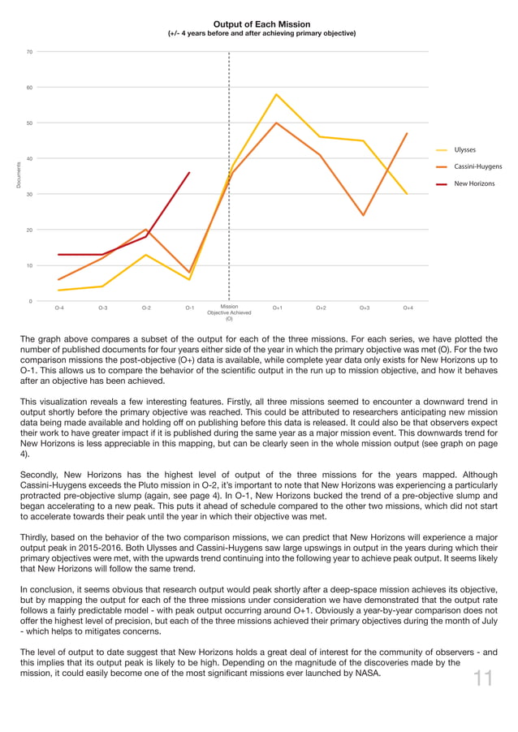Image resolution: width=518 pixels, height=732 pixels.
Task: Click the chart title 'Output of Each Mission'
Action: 261,24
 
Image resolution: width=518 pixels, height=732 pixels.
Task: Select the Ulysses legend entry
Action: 464,150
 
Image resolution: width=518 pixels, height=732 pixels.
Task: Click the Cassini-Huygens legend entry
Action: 477,167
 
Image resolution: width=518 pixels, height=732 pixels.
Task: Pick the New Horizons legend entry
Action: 473,184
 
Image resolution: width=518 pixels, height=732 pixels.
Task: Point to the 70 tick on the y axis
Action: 29,52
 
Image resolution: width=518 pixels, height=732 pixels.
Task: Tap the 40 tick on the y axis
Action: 29,159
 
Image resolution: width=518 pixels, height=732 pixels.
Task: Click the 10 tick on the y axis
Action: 29,266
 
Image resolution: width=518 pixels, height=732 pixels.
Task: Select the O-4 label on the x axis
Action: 59,308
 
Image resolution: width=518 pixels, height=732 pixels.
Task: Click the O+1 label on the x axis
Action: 277,308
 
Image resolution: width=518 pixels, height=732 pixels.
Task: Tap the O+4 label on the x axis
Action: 408,308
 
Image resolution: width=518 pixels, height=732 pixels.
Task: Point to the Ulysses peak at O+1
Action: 277,94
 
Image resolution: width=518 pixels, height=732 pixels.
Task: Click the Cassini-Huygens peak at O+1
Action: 277,123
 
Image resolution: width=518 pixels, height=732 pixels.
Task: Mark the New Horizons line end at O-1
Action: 189,173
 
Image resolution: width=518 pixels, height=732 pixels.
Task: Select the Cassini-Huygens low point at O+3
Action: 364,216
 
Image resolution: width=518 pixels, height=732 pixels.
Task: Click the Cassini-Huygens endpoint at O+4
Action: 407,134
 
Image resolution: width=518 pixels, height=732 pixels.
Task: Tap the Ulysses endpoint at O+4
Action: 407,194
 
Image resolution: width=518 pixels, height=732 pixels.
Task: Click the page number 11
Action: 483,678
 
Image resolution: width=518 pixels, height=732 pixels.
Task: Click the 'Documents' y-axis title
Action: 18,177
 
